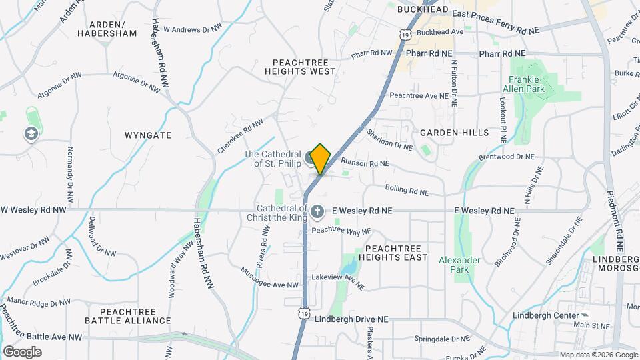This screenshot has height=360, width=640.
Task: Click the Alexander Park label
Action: coord(459,265)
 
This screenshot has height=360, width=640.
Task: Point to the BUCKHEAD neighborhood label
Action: coord(421,10)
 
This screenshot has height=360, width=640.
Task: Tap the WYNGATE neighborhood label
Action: coord(148,135)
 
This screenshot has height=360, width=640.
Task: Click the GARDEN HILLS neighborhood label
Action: coord(454,133)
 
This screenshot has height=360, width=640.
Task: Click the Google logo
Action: coord(22,351)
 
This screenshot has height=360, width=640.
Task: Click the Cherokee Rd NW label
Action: coord(240,136)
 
